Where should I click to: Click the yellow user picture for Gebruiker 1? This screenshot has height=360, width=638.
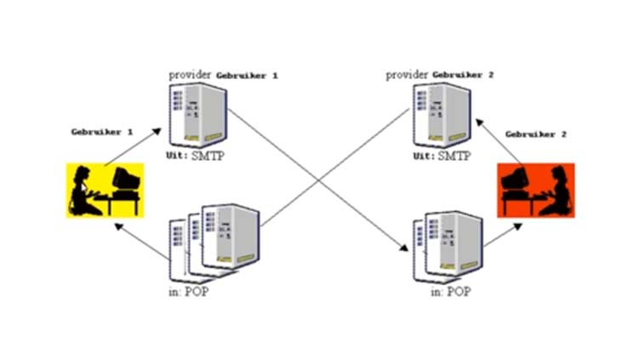[x=105, y=190]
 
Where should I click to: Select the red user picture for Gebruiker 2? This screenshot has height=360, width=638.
[x=536, y=190]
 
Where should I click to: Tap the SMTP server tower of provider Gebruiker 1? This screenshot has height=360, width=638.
[x=197, y=115]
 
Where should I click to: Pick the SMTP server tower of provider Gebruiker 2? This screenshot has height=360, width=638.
[x=441, y=115]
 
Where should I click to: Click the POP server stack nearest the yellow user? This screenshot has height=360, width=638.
[x=214, y=243]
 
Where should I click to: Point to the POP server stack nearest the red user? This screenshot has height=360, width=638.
[x=448, y=247]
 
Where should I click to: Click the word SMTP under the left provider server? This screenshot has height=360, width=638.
[x=208, y=156]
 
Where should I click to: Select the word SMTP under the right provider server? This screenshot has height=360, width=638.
[x=454, y=156]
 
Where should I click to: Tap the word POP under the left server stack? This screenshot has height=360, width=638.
[x=197, y=292]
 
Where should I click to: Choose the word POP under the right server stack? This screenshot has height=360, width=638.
[x=459, y=292]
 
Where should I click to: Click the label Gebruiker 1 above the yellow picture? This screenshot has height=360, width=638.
[x=102, y=132]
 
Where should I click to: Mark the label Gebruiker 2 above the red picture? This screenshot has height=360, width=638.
[x=536, y=134]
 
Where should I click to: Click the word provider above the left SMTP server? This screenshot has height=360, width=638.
[x=190, y=76]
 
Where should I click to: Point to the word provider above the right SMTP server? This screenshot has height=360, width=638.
[x=407, y=75]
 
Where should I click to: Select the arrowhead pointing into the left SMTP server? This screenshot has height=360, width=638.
[x=157, y=131]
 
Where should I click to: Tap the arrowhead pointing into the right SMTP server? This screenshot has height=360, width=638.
[x=479, y=123]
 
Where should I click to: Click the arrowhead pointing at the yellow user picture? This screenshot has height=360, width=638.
[x=118, y=226]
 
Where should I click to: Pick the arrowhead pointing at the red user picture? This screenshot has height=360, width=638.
[x=518, y=226]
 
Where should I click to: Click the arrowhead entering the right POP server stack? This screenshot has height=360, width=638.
[x=403, y=247]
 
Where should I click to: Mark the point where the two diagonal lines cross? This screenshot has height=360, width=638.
[x=320, y=180]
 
